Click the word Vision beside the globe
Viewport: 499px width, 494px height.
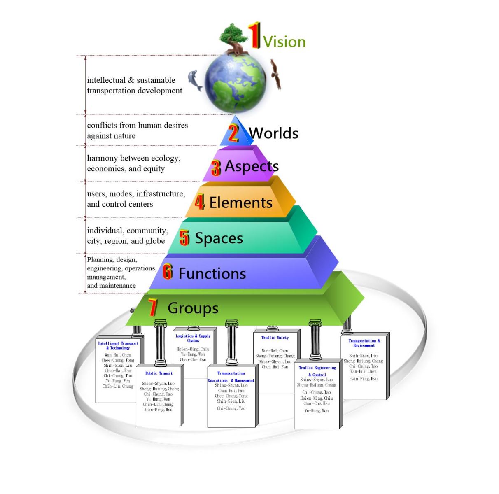pyautogui.click(x=284, y=42)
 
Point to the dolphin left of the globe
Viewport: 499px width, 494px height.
pyautogui.click(x=195, y=80)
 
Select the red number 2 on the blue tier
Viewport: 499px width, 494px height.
pyautogui.click(x=233, y=133)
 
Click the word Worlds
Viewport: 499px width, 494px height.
pyautogui.click(x=274, y=133)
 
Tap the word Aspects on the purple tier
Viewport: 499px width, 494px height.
pyautogui.click(x=252, y=166)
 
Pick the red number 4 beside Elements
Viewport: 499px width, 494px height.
pyautogui.click(x=200, y=202)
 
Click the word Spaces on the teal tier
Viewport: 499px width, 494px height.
pyautogui.click(x=219, y=238)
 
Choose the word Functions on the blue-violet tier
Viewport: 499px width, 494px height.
pyautogui.click(x=212, y=274)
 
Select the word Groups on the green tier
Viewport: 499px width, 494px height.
pyautogui.click(x=193, y=308)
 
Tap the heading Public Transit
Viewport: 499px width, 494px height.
pyautogui.click(x=159, y=373)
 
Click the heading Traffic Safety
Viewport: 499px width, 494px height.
pyautogui.click(x=275, y=338)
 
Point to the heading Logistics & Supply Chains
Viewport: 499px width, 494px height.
pyautogui.click(x=193, y=338)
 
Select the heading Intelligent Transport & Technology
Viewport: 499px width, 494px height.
pyautogui.click(x=118, y=345)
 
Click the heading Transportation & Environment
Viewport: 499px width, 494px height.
pyautogui.click(x=364, y=343)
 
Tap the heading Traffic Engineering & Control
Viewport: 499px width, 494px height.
pyautogui.click(x=317, y=371)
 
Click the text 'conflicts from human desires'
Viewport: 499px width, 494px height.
pyautogui.click(x=137, y=125)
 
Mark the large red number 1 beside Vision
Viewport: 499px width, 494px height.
pyautogui.click(x=254, y=35)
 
